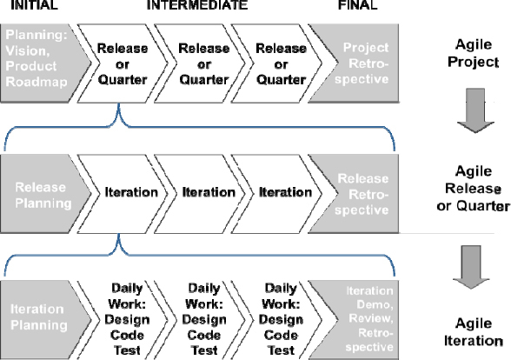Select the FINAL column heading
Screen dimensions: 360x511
(x=356, y=6)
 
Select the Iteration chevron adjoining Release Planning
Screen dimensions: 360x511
(x=130, y=192)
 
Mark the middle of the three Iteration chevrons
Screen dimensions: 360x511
(x=208, y=192)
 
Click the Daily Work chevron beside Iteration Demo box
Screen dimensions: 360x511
(x=282, y=317)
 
